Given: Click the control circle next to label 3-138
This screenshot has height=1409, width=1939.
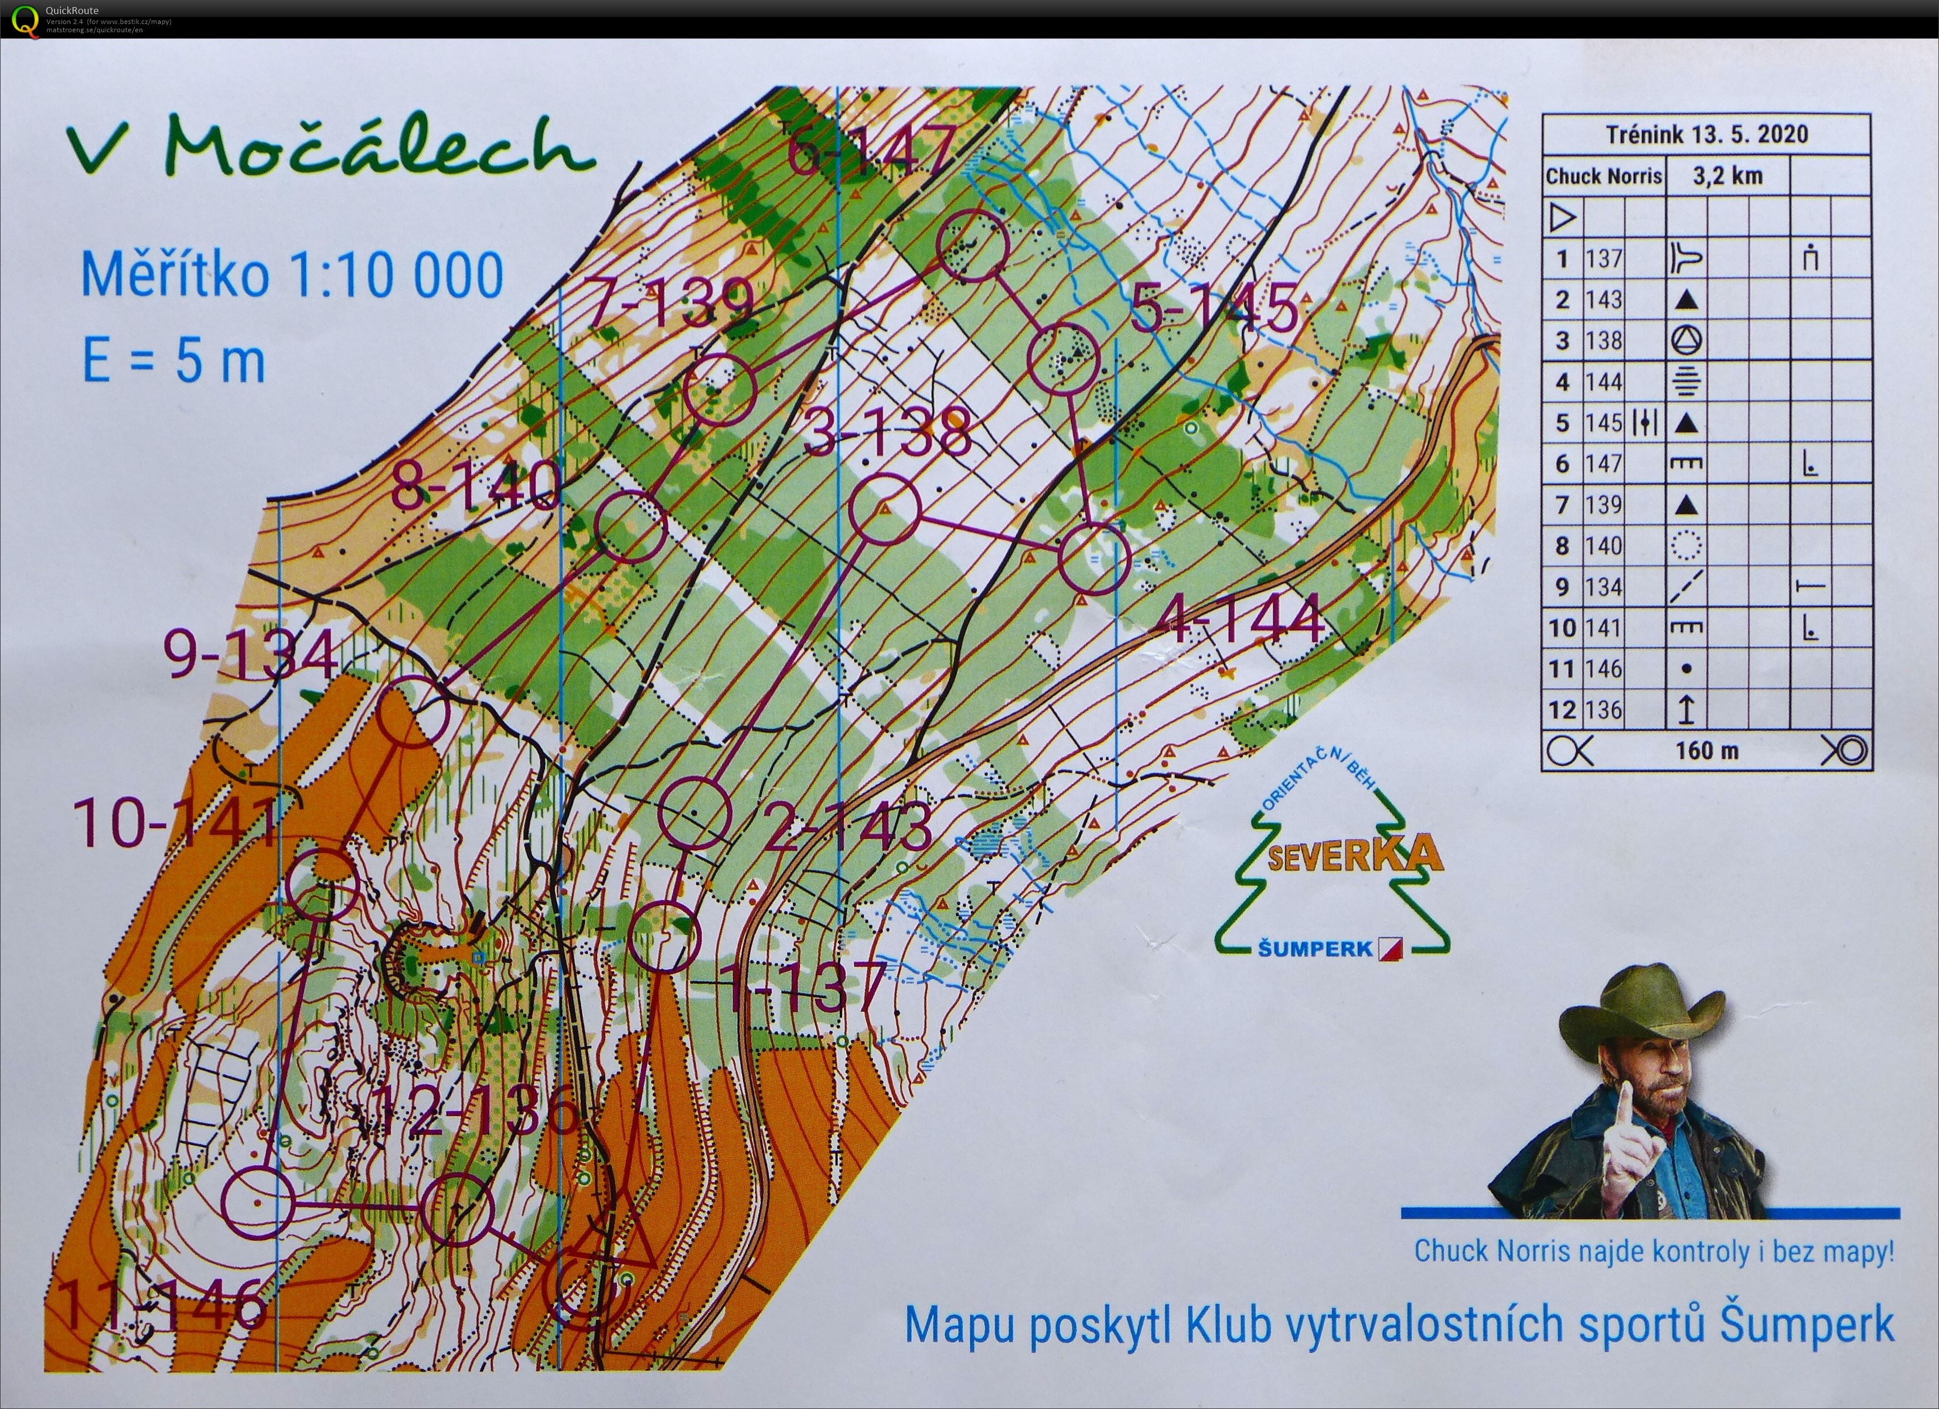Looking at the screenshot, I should point(885,509).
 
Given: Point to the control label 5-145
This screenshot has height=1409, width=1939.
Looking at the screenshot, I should point(1214,309).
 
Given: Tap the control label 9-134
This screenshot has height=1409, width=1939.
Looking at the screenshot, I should point(250,656).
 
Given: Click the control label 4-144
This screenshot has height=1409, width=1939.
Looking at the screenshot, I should point(1240,622).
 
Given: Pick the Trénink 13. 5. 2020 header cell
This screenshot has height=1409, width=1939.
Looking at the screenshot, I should point(1706,134).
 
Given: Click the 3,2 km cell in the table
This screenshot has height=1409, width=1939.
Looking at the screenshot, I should point(1727,176).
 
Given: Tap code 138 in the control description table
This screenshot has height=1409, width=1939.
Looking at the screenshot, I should point(1603,341).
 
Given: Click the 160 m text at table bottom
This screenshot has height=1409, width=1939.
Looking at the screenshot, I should point(1706,751).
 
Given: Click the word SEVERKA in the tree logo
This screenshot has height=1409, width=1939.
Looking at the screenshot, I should point(1354,856).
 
